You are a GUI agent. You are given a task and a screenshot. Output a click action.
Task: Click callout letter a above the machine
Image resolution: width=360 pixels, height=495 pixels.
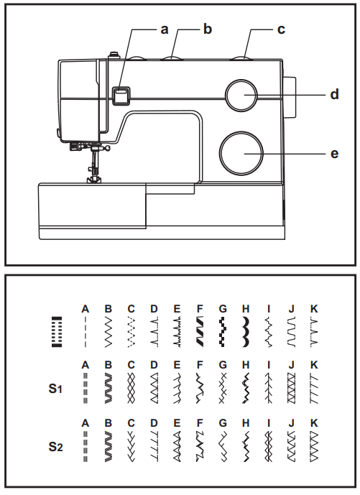coord(164,29)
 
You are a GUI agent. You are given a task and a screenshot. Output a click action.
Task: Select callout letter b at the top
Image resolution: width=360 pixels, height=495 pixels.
coord(208,29)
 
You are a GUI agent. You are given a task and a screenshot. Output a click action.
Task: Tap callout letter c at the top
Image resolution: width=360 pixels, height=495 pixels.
coord(281,29)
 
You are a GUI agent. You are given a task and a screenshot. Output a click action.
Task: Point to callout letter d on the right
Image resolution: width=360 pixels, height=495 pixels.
coord(334,94)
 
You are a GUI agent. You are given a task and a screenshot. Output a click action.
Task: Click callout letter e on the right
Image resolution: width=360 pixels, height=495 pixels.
coord(334,153)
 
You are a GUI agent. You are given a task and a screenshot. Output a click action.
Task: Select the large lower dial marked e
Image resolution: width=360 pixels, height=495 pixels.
coord(241,153)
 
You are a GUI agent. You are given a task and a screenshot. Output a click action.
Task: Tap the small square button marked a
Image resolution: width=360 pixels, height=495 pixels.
coord(121,93)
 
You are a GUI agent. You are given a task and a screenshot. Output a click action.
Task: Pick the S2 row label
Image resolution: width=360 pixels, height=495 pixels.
coord(56,447)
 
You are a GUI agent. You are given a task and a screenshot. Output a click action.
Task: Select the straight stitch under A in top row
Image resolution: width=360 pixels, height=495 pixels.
coord(86,332)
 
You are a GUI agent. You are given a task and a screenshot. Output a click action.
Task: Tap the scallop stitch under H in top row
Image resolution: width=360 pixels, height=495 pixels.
coord(246,332)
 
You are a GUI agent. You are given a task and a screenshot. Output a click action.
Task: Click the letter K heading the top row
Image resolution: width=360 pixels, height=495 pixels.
coord(314,309)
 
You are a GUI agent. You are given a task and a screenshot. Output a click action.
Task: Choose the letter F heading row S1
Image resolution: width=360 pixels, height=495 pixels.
coord(200,365)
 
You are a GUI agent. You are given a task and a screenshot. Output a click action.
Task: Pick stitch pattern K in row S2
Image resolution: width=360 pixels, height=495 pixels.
coord(314,447)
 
